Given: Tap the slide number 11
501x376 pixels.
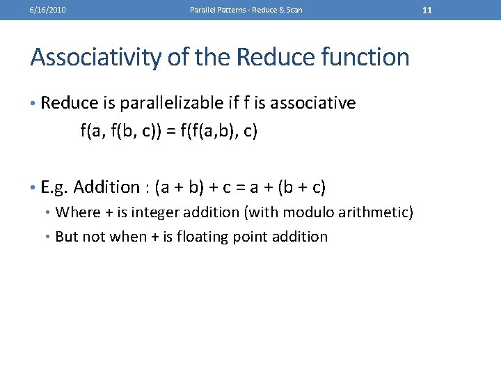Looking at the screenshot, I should (427, 10).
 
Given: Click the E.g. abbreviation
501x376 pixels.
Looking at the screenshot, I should (55, 187).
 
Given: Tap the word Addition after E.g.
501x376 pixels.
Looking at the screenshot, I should (106, 187).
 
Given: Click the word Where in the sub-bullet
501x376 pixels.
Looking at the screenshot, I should (78, 212).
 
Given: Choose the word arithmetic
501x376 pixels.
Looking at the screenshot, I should (379, 212).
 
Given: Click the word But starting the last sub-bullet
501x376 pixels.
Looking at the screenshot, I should (67, 237).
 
